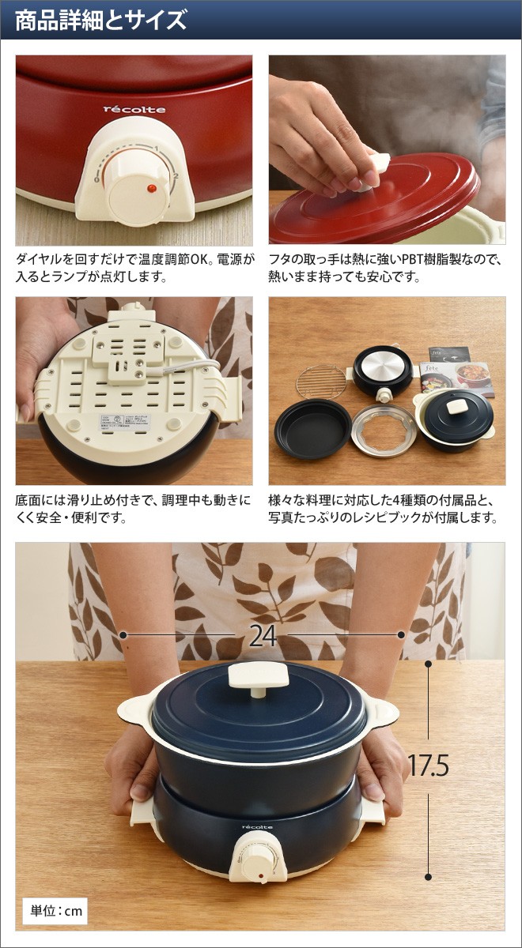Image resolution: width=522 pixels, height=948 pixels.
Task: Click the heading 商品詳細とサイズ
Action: (x=100, y=19)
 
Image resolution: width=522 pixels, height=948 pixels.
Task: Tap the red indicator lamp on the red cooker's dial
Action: (x=149, y=189)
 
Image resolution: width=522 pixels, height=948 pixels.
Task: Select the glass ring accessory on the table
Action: (x=383, y=429)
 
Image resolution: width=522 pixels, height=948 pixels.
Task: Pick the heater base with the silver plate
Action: (x=383, y=368)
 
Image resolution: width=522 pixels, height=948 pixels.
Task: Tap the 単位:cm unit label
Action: (x=55, y=911)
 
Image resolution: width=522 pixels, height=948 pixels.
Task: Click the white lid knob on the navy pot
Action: (x=259, y=677)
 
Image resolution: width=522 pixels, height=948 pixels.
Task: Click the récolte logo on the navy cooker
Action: (x=256, y=827)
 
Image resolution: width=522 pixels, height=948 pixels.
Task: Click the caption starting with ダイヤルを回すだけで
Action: (x=134, y=268)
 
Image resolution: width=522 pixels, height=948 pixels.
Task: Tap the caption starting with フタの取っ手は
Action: (x=386, y=268)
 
